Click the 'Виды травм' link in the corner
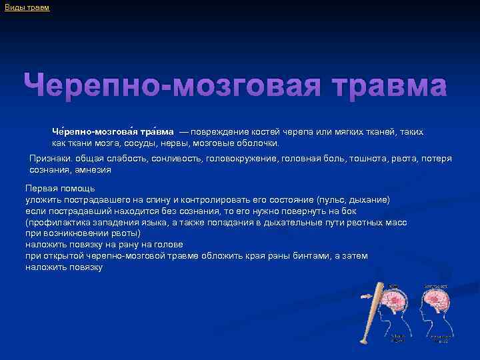(27, 7)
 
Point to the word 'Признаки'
(51, 159)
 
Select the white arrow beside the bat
(366, 297)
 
